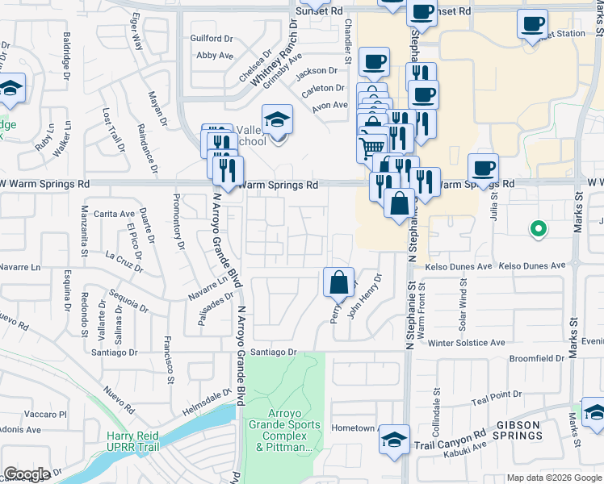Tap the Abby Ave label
214,56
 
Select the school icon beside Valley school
277,120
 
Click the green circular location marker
538,230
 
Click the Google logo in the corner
27,474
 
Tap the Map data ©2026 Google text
553,478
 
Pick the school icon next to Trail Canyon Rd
394,440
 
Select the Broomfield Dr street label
536,358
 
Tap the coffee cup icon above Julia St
483,169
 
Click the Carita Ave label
114,214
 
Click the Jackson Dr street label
316,71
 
